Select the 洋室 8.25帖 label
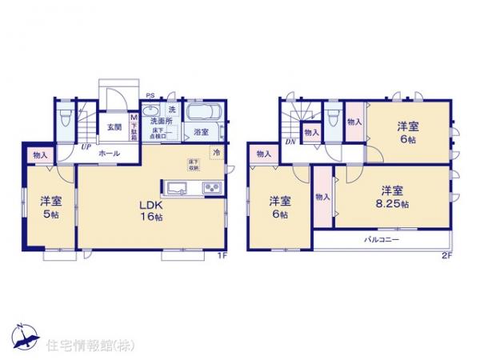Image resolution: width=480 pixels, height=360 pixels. [391, 197]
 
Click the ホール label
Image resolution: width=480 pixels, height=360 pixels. [110, 153]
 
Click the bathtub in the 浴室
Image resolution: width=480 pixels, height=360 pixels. [202, 111]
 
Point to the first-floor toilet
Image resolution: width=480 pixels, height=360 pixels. [66, 121]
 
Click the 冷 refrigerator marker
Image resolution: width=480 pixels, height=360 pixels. [215, 152]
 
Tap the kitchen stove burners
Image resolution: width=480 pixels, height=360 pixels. [211, 189]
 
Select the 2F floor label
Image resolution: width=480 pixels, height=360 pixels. [446, 256]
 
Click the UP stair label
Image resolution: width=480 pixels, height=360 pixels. [84, 146]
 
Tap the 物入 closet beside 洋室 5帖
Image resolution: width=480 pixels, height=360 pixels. [40, 155]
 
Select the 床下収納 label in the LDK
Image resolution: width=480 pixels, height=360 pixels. [194, 163]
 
